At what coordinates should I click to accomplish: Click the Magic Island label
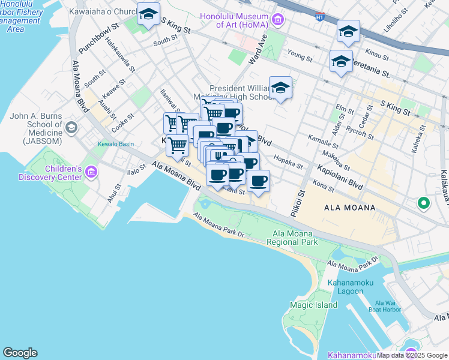point(313,305)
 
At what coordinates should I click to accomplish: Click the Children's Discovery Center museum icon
point(91,173)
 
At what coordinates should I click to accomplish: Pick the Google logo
point(20,353)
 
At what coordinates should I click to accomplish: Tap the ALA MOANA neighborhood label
point(349,208)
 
